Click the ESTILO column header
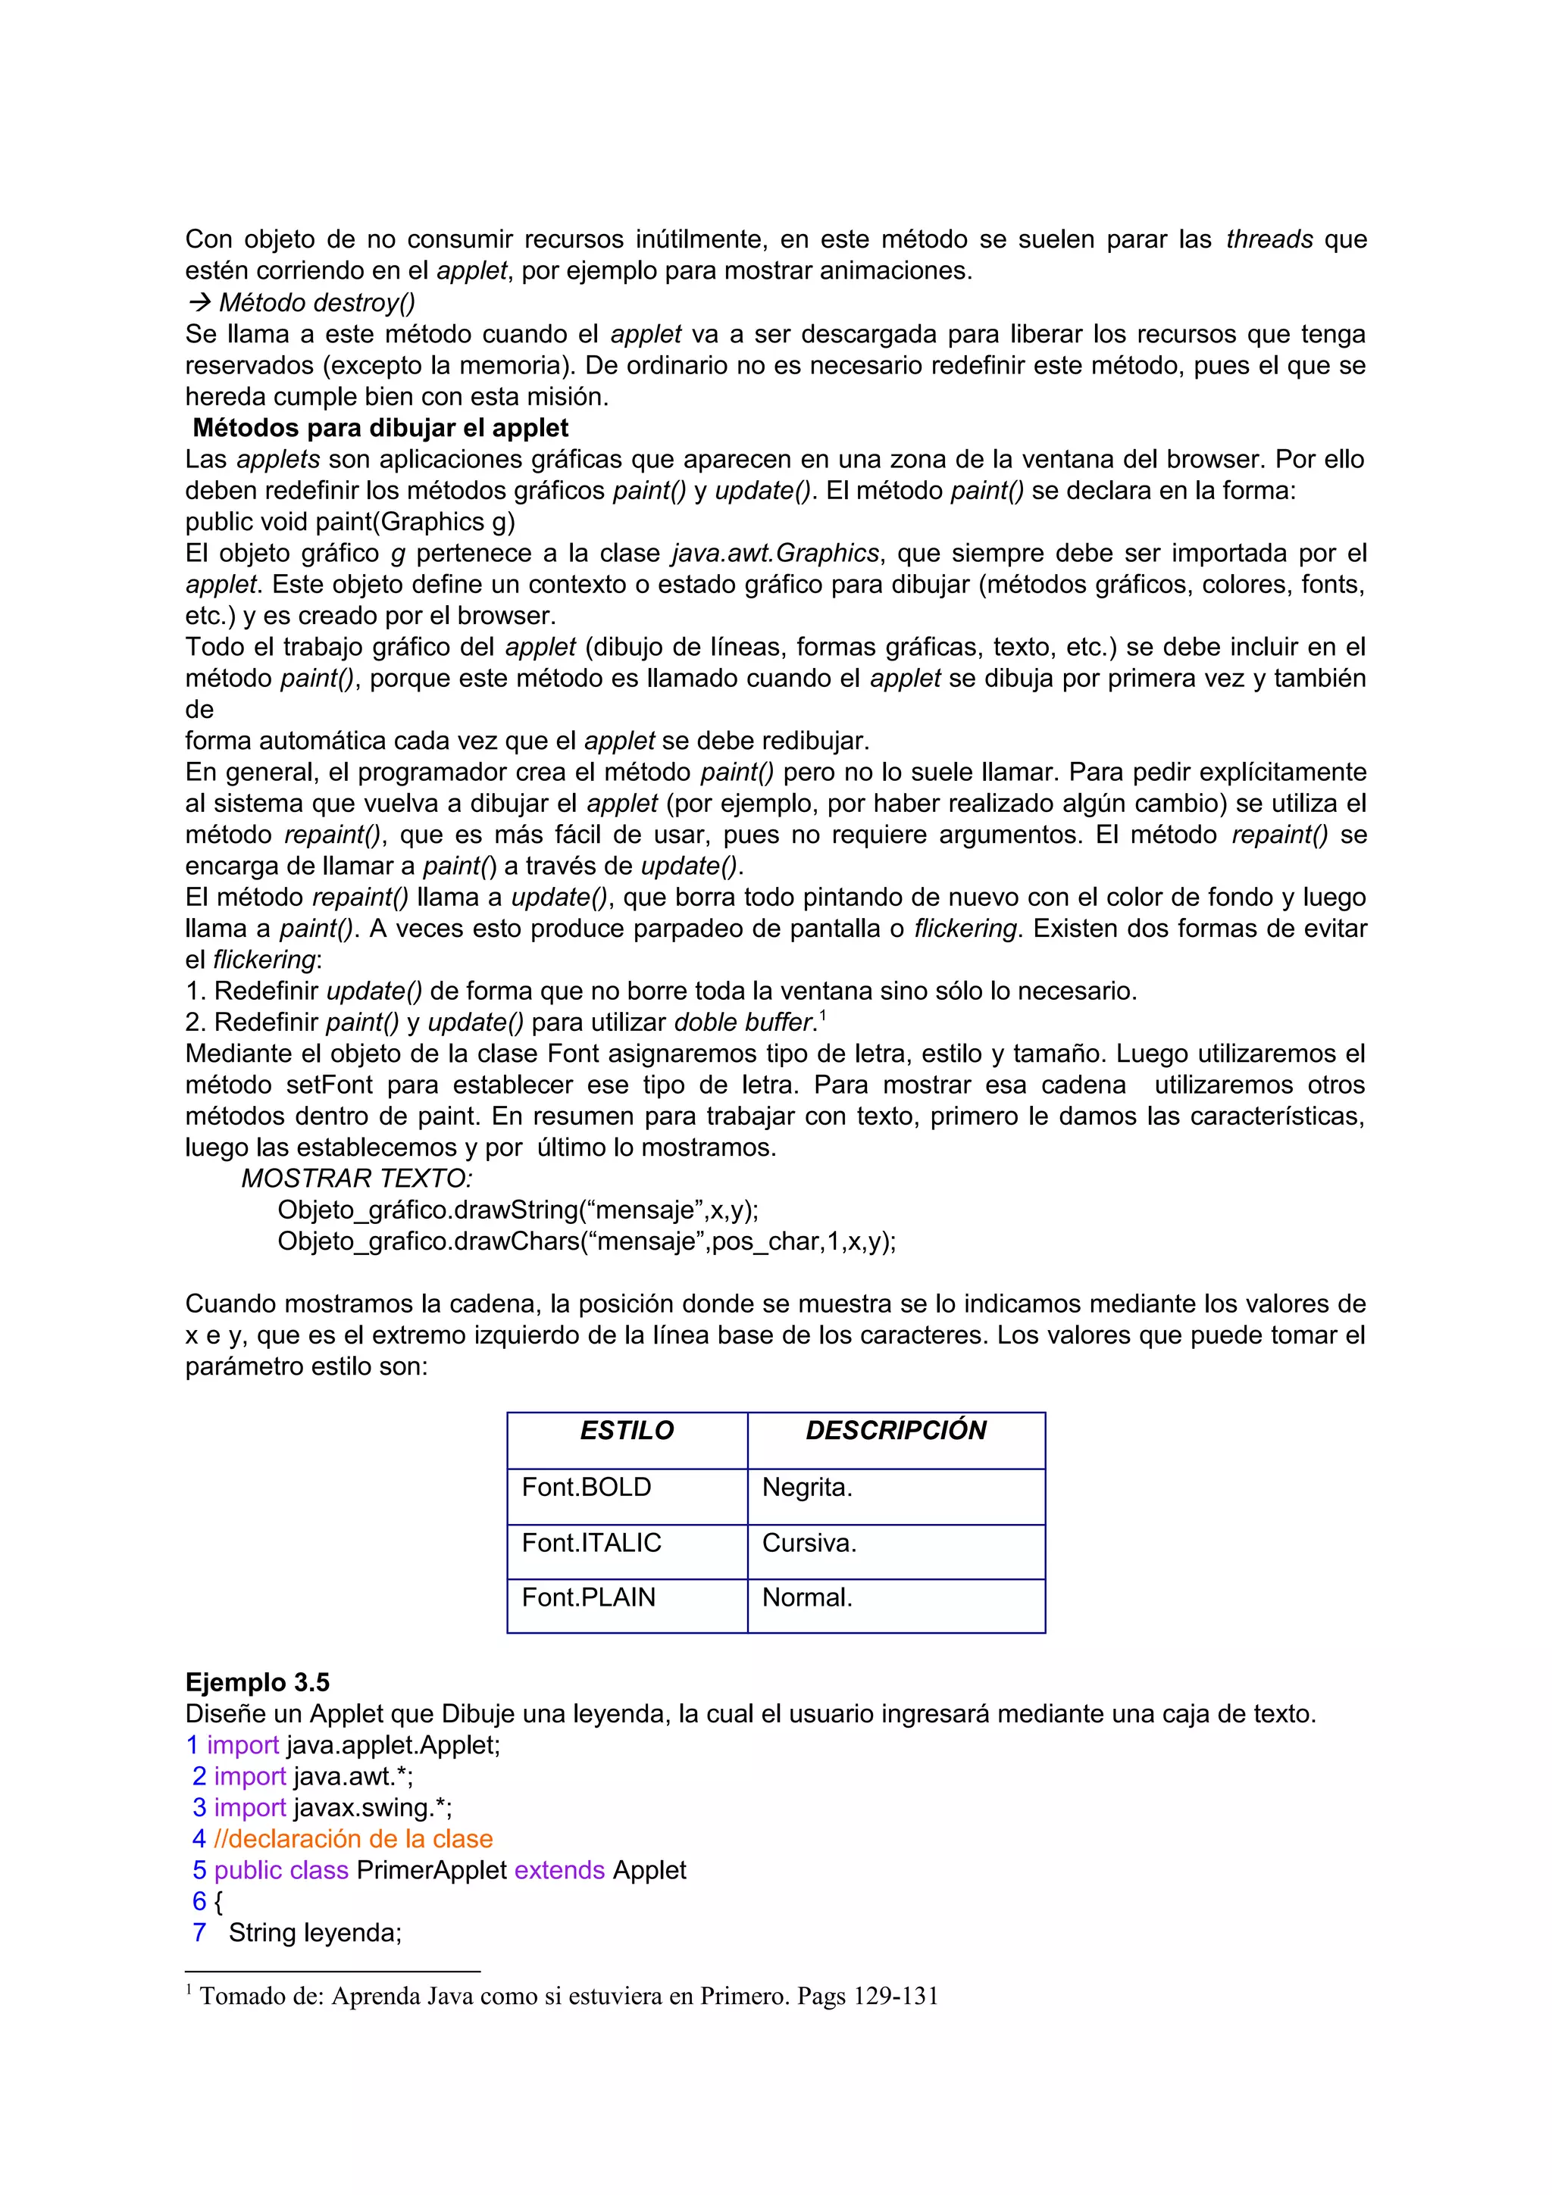627,1430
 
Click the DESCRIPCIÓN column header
895,1430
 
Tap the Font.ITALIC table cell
591,1543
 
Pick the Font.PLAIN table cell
588,1597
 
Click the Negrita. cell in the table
807,1488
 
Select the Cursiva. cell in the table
809,1543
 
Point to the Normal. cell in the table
807,1597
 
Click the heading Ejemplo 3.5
257,1682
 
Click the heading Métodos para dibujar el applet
380,428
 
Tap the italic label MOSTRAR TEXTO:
357,1179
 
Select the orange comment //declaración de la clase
353,1839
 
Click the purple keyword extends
559,1871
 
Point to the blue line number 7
199,1933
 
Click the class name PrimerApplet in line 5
431,1871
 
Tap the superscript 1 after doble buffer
822,1015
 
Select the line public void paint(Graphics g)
350,522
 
